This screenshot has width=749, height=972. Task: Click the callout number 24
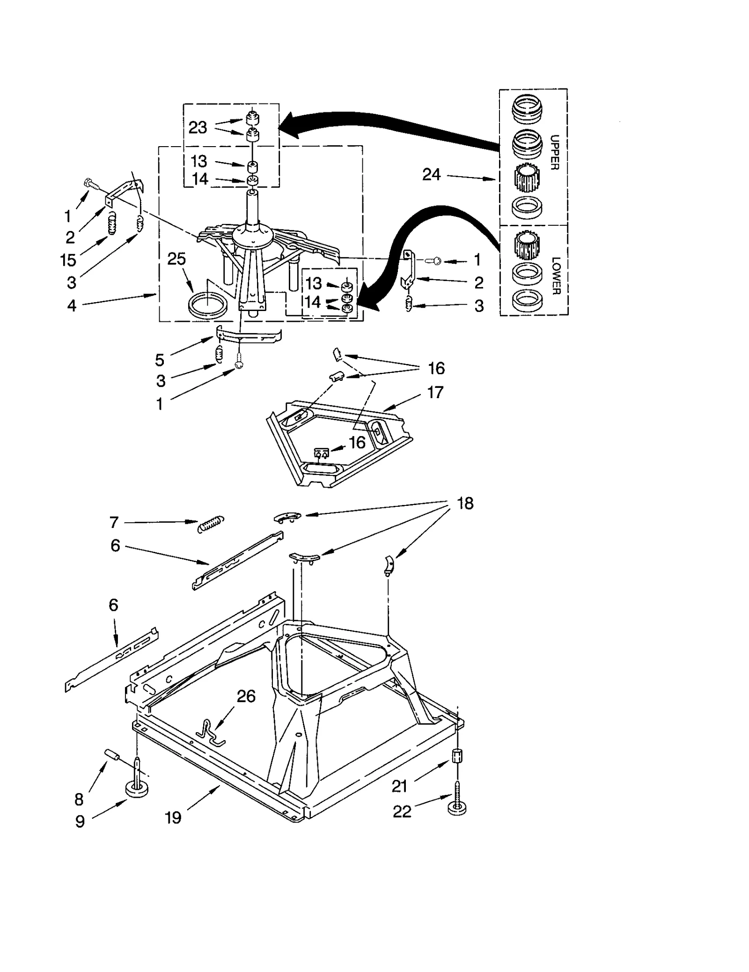[x=431, y=175]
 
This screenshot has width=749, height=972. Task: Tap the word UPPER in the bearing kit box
[x=554, y=152]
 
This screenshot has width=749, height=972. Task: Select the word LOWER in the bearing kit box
[x=555, y=276]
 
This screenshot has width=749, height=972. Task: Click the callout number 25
[x=176, y=259]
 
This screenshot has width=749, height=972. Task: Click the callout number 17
[x=435, y=392]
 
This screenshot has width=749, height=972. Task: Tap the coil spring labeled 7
[x=211, y=523]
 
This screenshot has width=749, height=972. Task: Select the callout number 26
[x=246, y=697]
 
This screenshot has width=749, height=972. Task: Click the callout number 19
[x=173, y=817]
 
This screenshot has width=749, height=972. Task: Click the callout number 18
[x=465, y=503]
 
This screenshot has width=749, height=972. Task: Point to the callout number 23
[x=198, y=127]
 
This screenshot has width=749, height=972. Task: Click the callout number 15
[x=68, y=260]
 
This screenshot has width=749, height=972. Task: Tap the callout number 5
[x=160, y=360]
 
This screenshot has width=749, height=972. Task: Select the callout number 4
[x=71, y=305]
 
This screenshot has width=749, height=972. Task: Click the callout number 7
[x=114, y=522]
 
